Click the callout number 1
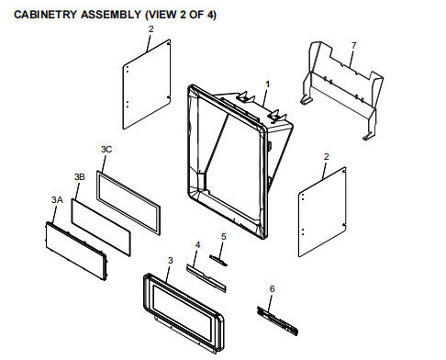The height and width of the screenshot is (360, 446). [x=267, y=84]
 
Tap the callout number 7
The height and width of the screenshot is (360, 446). [x=353, y=46]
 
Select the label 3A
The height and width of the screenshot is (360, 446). [x=57, y=200]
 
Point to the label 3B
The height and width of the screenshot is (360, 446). [x=80, y=176]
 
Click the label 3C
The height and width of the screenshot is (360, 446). [x=106, y=150]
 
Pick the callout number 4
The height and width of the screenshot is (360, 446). [x=197, y=245]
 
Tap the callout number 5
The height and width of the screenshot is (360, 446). [x=224, y=237]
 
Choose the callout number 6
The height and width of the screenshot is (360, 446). [x=272, y=288]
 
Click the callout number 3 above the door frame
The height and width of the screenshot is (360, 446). [x=171, y=261]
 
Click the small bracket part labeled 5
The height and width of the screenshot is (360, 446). [x=218, y=260]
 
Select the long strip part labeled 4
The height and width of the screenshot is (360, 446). [x=206, y=278]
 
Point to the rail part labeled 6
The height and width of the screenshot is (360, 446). [x=277, y=321]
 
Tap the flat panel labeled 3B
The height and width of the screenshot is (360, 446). [x=101, y=228]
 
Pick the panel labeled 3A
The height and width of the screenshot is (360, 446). [x=76, y=251]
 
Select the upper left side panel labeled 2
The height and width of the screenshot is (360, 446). [x=147, y=84]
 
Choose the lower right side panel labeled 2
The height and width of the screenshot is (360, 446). [x=322, y=212]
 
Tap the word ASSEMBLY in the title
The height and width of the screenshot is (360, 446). [x=111, y=15]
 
